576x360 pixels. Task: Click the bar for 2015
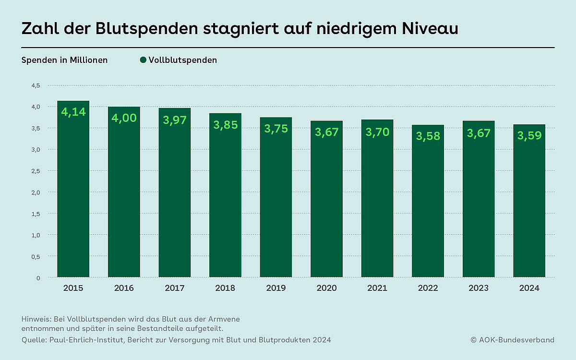pos(73,192)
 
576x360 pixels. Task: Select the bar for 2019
pos(276,202)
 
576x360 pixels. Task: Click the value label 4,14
pos(73,113)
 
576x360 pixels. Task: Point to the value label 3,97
pos(175,120)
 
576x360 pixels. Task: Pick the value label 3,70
pos(377,132)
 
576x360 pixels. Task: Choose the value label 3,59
pos(529,136)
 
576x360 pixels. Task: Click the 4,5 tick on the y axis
pos(36,85)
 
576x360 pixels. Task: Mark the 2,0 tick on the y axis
pos(36,192)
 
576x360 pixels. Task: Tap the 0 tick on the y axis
pos(38,278)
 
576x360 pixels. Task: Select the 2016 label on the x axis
pos(124,288)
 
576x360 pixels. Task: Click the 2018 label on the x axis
pos(225,288)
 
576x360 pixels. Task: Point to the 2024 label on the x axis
pos(529,288)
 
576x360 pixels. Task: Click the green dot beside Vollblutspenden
pos(143,60)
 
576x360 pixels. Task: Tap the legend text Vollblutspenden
pos(183,60)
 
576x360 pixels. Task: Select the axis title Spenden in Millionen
pos(65,60)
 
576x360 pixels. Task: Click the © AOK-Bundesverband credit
pos(513,340)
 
